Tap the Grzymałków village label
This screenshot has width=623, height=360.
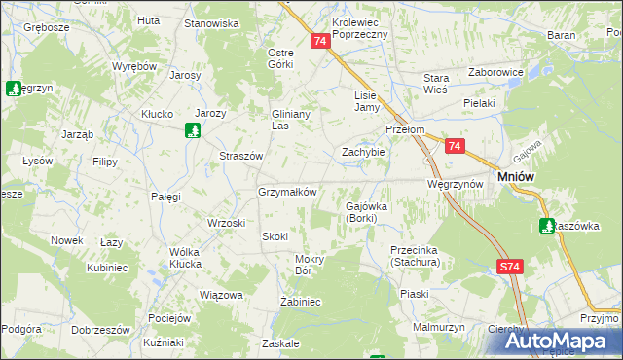pos(287,192)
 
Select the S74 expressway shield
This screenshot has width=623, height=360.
pos(509,266)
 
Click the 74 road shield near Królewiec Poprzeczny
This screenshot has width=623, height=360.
pos(321,41)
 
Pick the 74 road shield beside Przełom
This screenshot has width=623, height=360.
pos(455,146)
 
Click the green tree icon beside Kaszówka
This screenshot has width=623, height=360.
pos(547,226)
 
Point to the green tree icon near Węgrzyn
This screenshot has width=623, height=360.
pos(14,89)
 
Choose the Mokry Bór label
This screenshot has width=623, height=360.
pos(315,265)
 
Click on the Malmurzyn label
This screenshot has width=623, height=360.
pos(434,328)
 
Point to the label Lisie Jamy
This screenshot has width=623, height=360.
pos(365,101)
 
